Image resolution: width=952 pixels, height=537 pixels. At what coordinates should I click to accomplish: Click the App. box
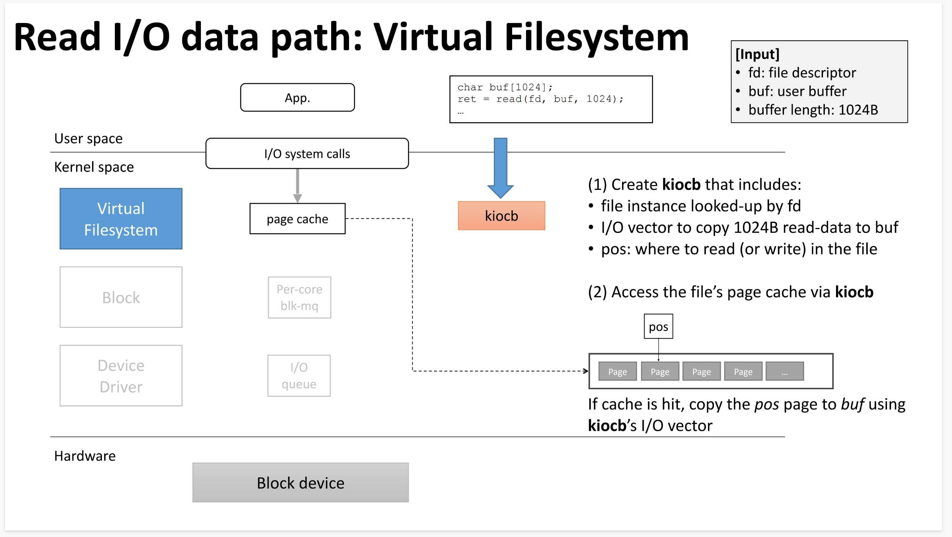[297, 98]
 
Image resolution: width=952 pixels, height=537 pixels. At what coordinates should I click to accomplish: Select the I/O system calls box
[307, 154]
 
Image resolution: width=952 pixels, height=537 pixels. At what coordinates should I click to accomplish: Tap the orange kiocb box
[501, 216]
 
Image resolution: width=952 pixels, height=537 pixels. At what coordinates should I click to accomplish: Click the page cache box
[297, 219]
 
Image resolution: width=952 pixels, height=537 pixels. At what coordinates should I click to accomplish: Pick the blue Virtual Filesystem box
[121, 219]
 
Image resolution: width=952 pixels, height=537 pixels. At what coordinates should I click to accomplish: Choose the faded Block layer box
[121, 297]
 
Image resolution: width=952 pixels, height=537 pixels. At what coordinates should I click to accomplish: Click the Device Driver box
[121, 376]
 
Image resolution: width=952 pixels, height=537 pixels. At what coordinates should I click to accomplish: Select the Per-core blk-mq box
[299, 297]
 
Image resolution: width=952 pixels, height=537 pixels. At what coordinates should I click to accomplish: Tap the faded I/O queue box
[299, 376]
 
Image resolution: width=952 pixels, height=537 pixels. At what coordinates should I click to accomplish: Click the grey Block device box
[300, 483]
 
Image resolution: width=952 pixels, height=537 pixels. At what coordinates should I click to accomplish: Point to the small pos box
[658, 327]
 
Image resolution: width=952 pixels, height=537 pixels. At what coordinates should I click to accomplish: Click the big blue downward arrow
[501, 167]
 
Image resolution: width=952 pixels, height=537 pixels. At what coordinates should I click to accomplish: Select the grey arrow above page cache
[297, 185]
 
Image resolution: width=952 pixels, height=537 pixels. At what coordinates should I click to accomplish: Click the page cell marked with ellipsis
[785, 372]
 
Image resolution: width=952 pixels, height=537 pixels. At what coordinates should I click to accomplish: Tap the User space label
[88, 139]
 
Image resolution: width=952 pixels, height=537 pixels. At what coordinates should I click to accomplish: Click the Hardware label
[85, 456]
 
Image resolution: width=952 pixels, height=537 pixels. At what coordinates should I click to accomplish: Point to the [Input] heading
[757, 54]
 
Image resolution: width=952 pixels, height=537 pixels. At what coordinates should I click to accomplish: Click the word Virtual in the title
[433, 38]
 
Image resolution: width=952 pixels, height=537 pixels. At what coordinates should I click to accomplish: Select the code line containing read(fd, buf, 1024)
[541, 99]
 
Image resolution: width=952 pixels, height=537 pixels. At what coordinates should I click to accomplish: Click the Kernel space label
[94, 167]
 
